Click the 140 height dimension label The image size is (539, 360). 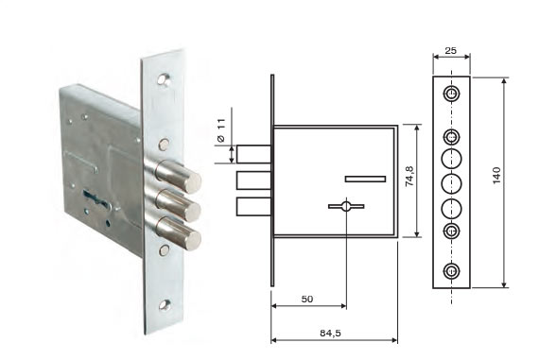(x=496, y=175)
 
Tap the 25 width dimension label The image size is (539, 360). (x=451, y=50)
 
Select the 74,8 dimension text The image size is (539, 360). (x=409, y=177)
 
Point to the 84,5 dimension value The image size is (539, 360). (x=330, y=333)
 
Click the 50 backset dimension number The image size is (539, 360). (x=307, y=300)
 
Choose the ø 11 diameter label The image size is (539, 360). (x=221, y=130)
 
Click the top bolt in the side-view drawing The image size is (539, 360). (x=253, y=154)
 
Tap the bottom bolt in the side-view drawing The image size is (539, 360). (x=253, y=207)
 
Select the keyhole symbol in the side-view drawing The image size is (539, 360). (x=346, y=206)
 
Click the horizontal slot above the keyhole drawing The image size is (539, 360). (x=365, y=179)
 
